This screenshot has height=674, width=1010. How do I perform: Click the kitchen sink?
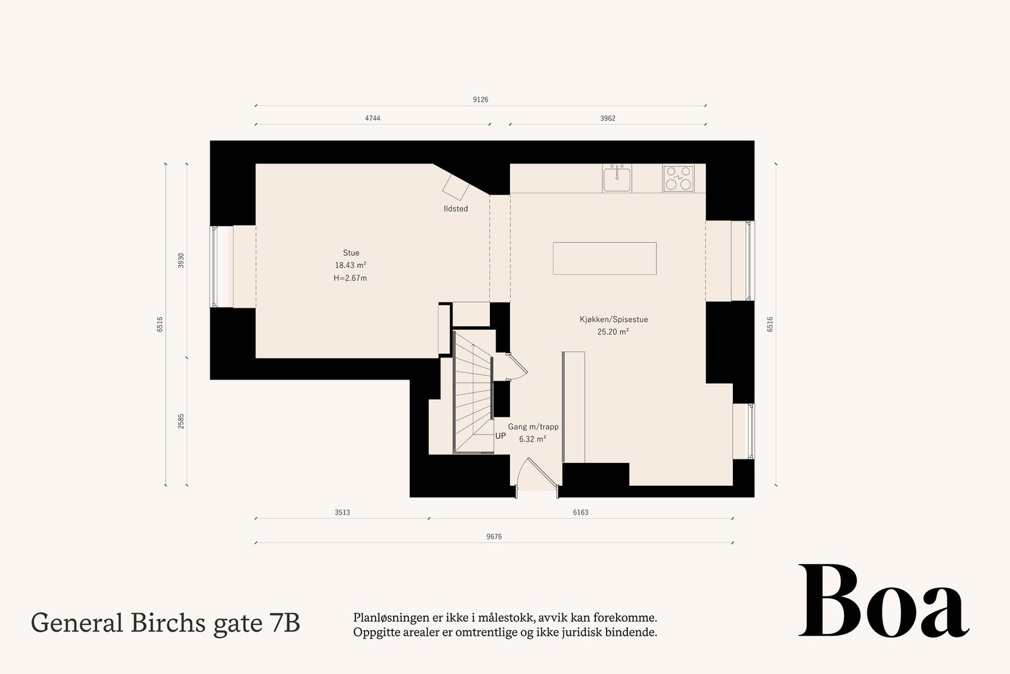click(617, 178)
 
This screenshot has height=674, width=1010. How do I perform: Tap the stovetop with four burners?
click(678, 178)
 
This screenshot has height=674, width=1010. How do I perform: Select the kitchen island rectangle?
click(604, 258)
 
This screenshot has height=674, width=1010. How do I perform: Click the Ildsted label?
click(456, 208)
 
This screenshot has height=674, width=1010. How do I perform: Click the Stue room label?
click(351, 253)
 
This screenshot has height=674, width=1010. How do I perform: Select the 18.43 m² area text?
click(351, 265)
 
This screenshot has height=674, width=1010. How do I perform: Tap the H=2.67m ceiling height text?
click(350, 278)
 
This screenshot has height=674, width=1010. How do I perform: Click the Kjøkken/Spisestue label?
click(614, 320)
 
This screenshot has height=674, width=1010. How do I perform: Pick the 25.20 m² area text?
click(613, 332)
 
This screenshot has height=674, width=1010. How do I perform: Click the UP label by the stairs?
click(501, 436)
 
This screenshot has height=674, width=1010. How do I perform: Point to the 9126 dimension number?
click(480, 99)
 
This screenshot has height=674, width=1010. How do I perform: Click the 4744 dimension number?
click(372, 118)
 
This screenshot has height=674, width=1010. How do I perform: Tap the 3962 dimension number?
click(607, 118)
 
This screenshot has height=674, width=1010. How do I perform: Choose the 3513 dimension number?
click(342, 512)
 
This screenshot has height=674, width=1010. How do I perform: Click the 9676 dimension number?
click(494, 536)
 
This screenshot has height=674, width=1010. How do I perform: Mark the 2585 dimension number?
click(181, 421)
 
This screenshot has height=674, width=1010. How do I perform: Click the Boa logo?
click(883, 602)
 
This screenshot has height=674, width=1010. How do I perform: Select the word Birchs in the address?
click(169, 623)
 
